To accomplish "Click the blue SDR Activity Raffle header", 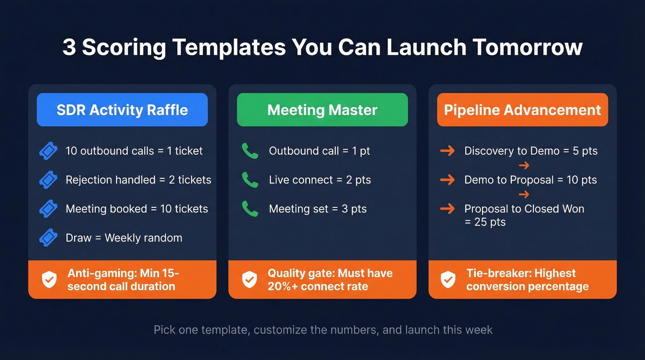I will tap(122, 110).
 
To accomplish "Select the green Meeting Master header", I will tap(322, 110).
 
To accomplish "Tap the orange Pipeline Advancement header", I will tap(522, 110).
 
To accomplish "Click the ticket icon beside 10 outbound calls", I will tap(48, 151).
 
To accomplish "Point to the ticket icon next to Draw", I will tap(48, 238).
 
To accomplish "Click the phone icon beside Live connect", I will tap(250, 180).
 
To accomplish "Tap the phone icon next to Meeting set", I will tap(250, 209).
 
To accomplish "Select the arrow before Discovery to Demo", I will tap(447, 151).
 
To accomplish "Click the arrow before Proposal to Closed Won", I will tap(447, 209).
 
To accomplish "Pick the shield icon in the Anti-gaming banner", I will tap(49, 279).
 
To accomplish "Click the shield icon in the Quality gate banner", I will tap(249, 279).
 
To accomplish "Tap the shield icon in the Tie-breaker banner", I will tap(448, 279).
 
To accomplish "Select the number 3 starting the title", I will tap(69, 48).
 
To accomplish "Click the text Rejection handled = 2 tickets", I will tap(138, 180).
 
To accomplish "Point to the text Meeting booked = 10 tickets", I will tap(137, 209).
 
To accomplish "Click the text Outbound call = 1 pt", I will tap(319, 151).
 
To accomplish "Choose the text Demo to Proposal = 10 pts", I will tap(530, 180).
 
